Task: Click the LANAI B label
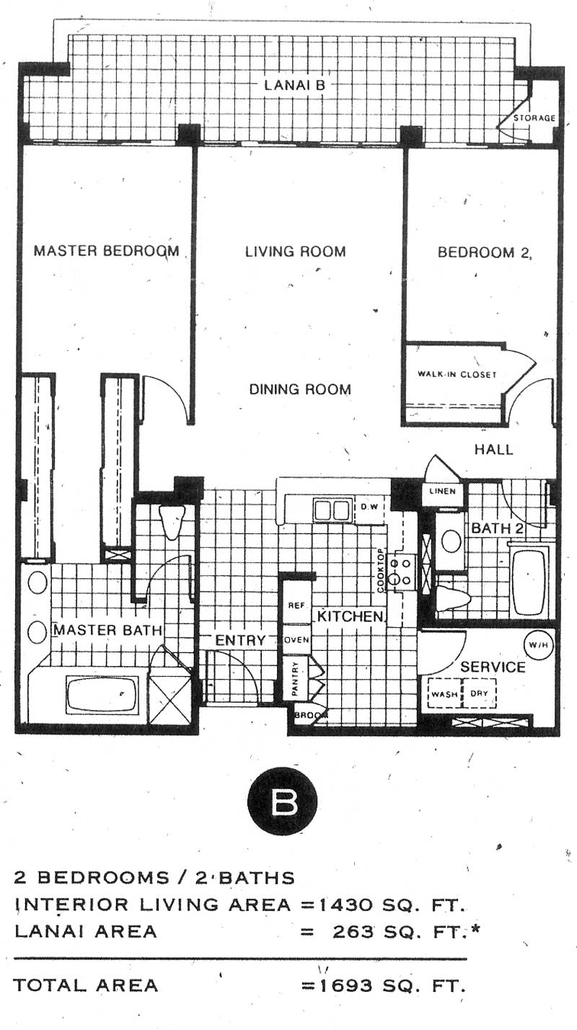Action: (294, 85)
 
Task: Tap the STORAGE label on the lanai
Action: (534, 118)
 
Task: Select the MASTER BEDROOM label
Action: (106, 251)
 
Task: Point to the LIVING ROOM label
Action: (296, 252)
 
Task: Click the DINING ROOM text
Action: (300, 389)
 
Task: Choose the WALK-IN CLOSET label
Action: (457, 374)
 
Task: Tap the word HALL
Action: (494, 449)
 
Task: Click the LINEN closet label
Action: (443, 491)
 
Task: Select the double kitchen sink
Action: (332, 510)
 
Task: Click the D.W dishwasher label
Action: (369, 507)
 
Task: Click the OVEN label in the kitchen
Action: (296, 640)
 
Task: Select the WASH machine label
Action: (444, 694)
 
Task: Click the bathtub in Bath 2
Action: (529, 582)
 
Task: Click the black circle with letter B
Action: (282, 802)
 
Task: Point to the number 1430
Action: (345, 905)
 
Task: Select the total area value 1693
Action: (345, 985)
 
